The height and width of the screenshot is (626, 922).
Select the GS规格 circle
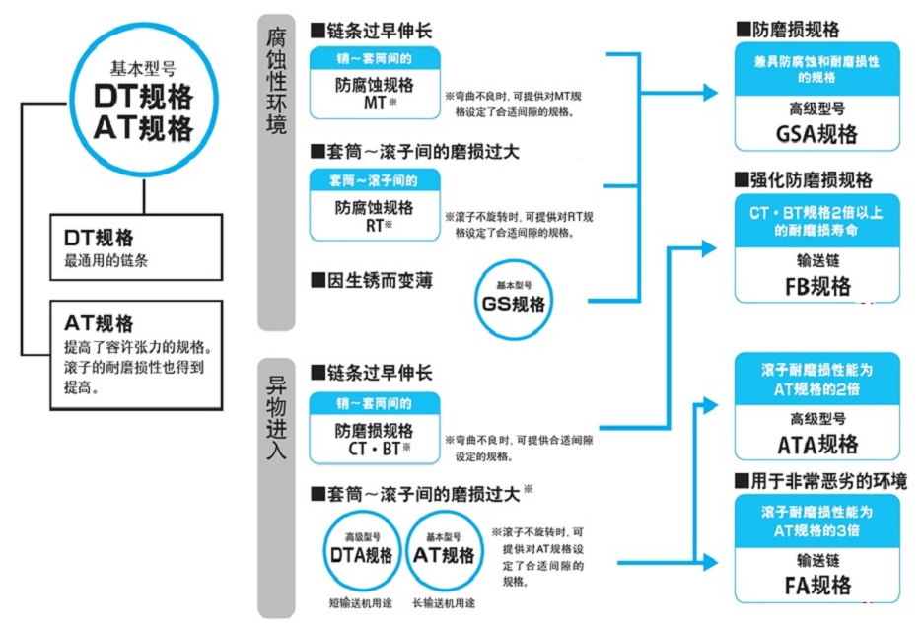[513, 301]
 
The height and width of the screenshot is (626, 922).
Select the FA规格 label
[818, 585]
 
